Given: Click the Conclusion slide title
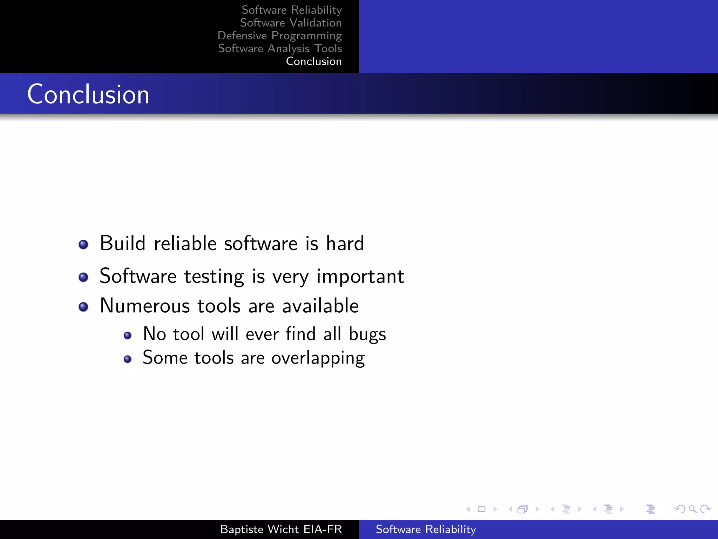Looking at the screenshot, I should point(88,94).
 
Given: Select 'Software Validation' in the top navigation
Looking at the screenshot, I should point(291,23).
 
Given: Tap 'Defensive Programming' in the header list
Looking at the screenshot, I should point(279,35).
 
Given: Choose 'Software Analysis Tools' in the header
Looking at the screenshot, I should point(280,48).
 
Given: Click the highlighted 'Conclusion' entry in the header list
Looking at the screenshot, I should point(313,61).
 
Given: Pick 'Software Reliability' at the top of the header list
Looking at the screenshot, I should point(292,10).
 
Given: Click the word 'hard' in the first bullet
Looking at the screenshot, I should point(345,243).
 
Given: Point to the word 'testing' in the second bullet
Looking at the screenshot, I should point(214,277).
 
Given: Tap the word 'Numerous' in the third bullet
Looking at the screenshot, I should point(145,306).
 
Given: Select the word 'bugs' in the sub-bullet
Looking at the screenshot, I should point(367,334).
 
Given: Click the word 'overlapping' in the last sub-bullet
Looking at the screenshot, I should point(318,358).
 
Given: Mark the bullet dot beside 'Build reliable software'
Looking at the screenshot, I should point(83,245).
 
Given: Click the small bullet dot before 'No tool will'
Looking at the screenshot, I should point(128,336).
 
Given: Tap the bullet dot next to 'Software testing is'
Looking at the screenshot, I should point(83,278).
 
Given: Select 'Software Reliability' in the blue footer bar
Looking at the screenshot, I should point(426,529).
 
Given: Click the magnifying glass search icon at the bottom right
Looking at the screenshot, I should point(692,509).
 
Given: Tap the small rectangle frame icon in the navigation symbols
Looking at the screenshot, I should point(481,509).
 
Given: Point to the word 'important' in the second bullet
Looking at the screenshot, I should point(360,277).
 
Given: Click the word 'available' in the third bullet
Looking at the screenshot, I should point(320,306).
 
